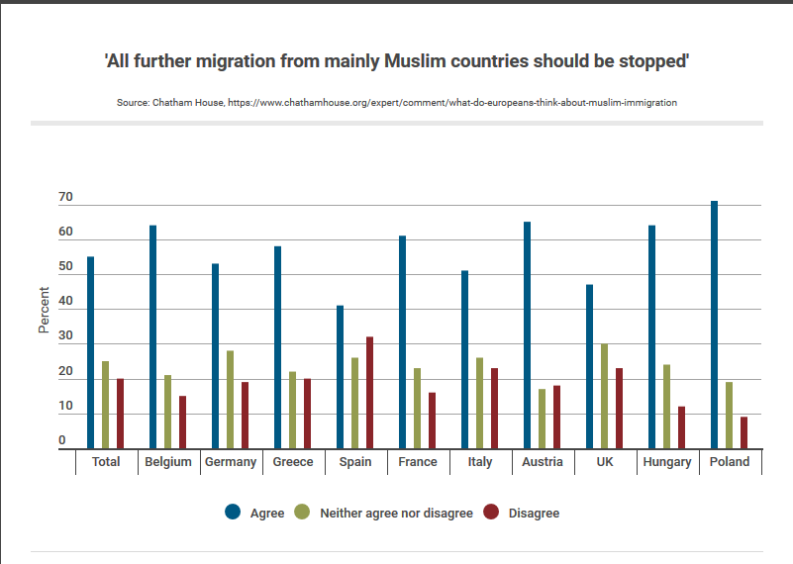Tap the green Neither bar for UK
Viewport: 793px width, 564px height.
click(604, 396)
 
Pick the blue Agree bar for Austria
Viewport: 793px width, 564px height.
click(527, 335)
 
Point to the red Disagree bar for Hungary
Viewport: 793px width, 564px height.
click(681, 427)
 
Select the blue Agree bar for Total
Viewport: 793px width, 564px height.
click(90, 352)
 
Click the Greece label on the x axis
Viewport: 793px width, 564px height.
click(293, 462)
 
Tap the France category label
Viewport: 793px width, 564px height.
click(418, 462)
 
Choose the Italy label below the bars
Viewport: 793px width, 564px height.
click(479, 462)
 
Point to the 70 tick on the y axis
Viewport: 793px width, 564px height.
click(65, 198)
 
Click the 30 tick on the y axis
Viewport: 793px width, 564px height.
click(65, 337)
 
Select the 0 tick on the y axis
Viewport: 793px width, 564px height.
click(61, 440)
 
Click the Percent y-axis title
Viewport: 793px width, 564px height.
click(44, 310)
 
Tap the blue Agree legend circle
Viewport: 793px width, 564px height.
click(233, 512)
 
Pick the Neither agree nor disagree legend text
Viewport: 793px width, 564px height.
click(396, 514)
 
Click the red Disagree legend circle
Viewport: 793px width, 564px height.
click(491, 512)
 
